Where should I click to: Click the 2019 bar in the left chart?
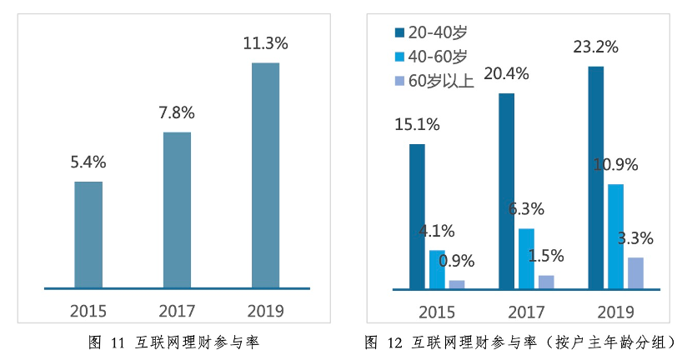click(265, 176)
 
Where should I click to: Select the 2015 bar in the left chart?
click(88, 235)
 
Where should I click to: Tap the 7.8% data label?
click(177, 112)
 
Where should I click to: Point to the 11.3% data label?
click(265, 42)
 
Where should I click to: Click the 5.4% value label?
click(88, 162)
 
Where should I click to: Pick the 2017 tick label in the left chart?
click(177, 312)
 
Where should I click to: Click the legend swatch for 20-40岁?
click(399, 32)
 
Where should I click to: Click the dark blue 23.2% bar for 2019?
click(595, 177)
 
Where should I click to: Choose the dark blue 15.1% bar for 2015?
click(417, 217)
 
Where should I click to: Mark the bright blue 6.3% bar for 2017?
click(526, 258)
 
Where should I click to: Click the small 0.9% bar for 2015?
click(457, 284)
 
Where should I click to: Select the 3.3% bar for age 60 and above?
click(635, 273)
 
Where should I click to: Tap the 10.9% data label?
click(615, 165)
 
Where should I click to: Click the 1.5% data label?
click(546, 256)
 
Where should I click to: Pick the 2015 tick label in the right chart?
click(437, 312)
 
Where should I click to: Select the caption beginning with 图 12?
click(519, 342)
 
